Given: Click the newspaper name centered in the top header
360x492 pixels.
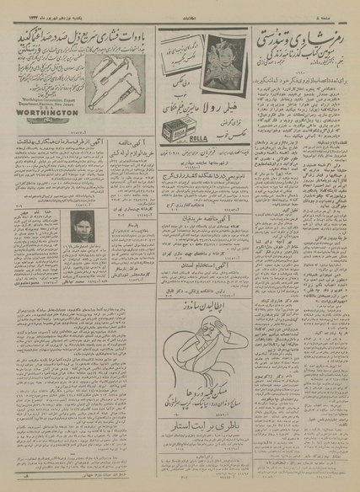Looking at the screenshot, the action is click(180, 14).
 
